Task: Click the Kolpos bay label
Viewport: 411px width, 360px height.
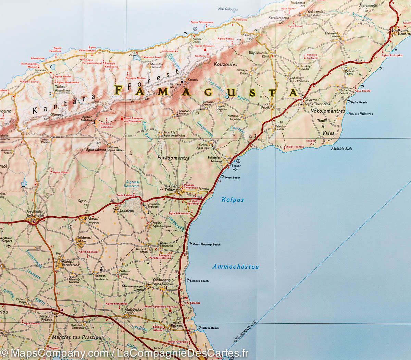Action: coord(232,200)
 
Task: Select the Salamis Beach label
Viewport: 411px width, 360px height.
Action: coord(200,281)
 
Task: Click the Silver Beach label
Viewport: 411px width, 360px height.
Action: coord(211,328)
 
